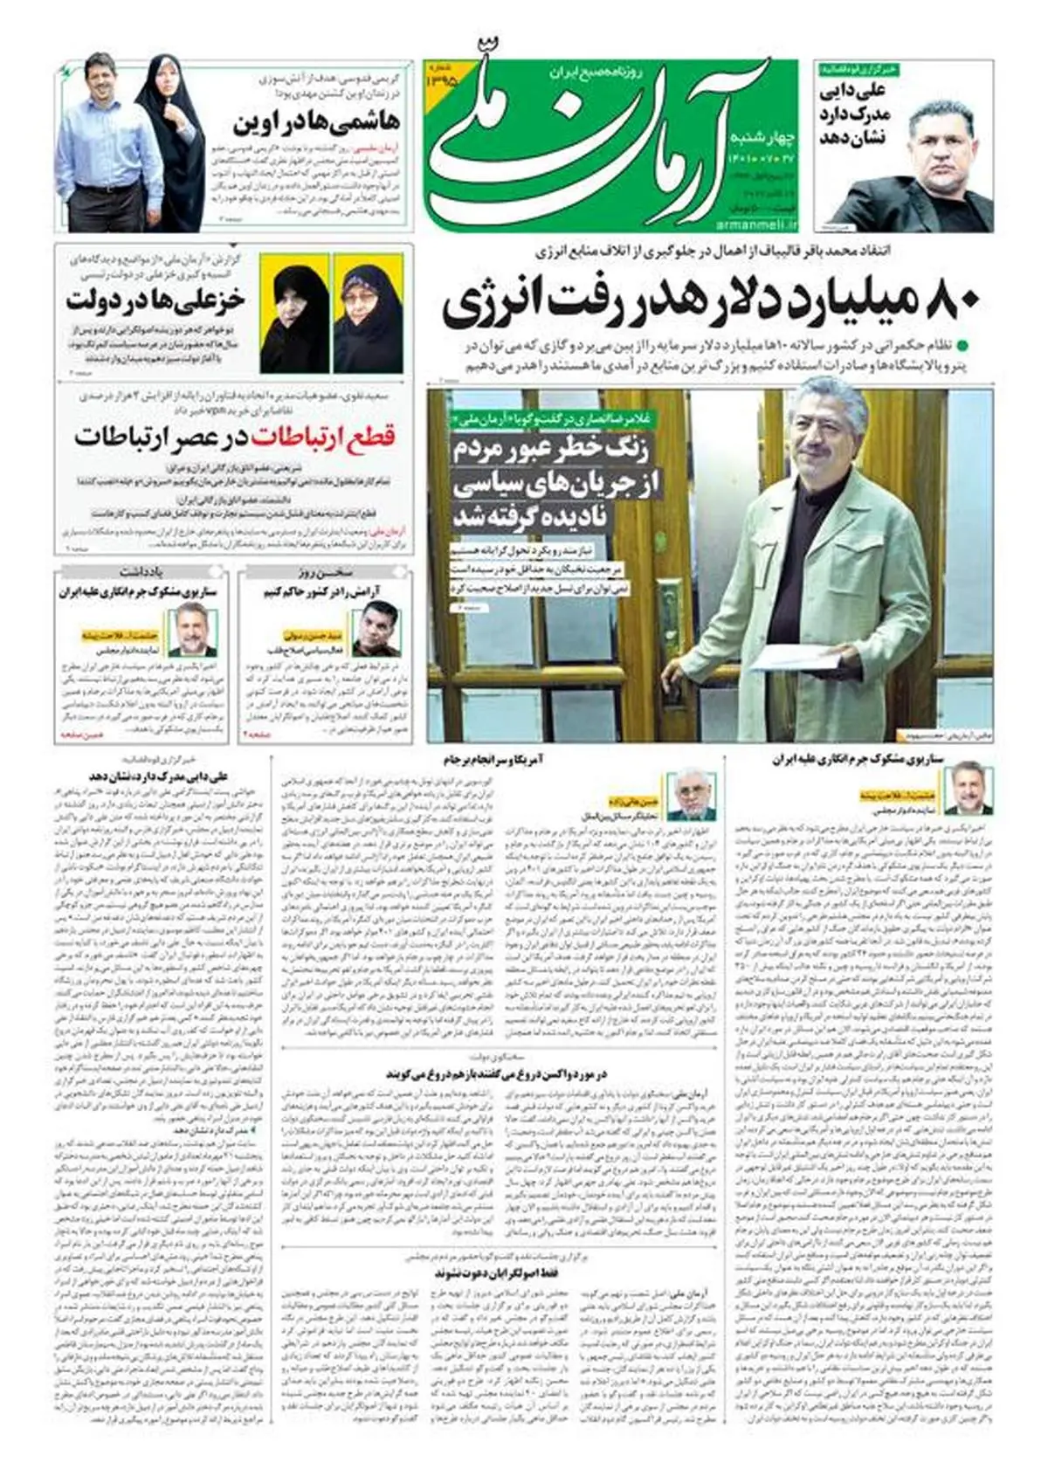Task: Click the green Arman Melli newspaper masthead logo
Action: click(603, 140)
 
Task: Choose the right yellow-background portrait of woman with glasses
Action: click(368, 301)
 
